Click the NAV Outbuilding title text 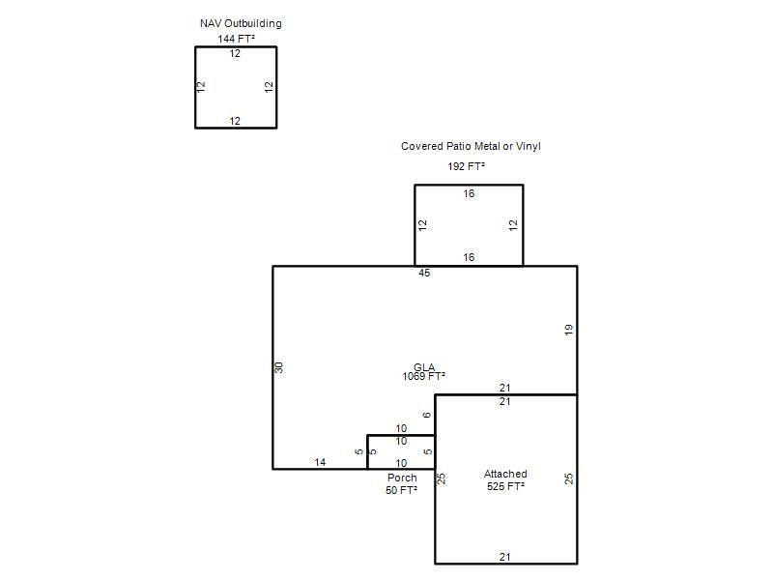click(x=241, y=23)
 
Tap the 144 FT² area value click(x=236, y=39)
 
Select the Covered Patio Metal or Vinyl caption click(x=471, y=147)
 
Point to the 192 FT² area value click(x=466, y=166)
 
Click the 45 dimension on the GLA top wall click(x=424, y=273)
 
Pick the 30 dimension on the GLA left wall click(x=279, y=367)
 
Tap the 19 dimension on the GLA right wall click(x=569, y=330)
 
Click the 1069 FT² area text click(x=423, y=376)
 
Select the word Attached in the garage click(x=505, y=474)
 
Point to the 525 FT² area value click(x=505, y=486)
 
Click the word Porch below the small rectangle click(x=402, y=478)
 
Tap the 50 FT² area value click(x=401, y=490)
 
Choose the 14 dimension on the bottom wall click(x=320, y=462)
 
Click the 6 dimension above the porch click(x=427, y=415)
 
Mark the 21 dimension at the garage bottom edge click(x=504, y=557)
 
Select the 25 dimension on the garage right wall click(x=569, y=478)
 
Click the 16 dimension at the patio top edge click(x=469, y=194)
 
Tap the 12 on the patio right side click(x=514, y=225)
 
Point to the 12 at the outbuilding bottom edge click(x=235, y=121)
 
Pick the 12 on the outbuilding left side click(x=201, y=87)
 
